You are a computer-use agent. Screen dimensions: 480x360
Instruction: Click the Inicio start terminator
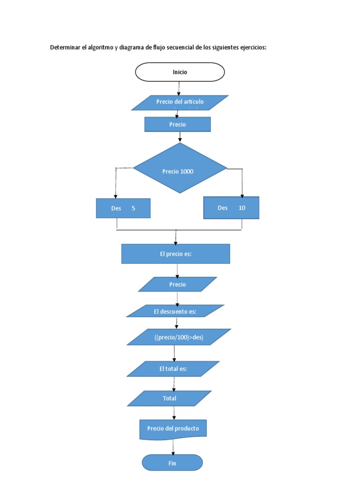tap(180, 72)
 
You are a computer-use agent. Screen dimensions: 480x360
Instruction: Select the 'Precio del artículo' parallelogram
tap(180, 102)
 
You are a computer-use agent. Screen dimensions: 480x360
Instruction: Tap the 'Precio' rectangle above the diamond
tap(177, 124)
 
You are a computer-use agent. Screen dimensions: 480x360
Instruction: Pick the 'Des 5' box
tap(123, 208)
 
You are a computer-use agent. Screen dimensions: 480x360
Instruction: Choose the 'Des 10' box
tap(231, 208)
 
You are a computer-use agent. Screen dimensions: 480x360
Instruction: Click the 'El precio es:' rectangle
tap(175, 254)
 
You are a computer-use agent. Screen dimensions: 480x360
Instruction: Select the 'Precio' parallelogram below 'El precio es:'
tap(178, 285)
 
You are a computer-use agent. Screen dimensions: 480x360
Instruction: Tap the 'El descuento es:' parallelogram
tap(175, 311)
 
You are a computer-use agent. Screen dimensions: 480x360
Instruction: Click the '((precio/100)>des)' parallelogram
tap(179, 337)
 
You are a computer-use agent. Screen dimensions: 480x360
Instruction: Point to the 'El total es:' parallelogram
tap(173, 369)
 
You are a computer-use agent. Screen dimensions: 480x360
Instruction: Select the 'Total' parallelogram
tap(169, 398)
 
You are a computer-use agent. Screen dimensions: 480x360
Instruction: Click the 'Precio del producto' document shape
tap(173, 429)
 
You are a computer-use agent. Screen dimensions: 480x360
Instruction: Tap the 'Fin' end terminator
tap(172, 463)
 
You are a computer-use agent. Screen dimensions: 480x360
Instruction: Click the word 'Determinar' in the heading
tap(65, 47)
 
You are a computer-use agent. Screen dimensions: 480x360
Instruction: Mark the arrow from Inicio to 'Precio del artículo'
tap(179, 88)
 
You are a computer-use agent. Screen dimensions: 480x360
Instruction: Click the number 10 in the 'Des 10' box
tap(242, 208)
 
